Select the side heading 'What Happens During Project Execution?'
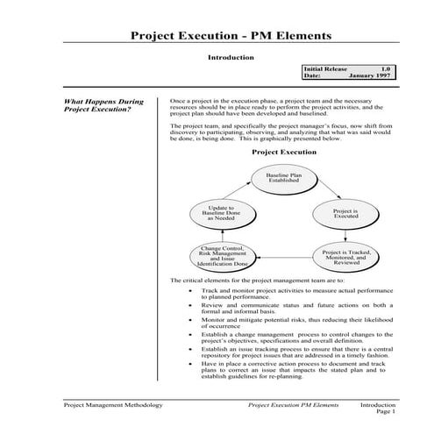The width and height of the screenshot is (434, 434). tap(104, 106)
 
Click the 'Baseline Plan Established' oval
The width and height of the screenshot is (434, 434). tap(283, 179)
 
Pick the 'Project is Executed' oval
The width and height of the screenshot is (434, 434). tap(344, 213)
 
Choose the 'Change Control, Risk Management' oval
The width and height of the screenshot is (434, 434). tap(224, 255)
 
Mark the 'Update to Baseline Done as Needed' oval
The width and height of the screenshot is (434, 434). tap(223, 213)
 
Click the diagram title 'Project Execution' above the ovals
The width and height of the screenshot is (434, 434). tap(283, 151)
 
